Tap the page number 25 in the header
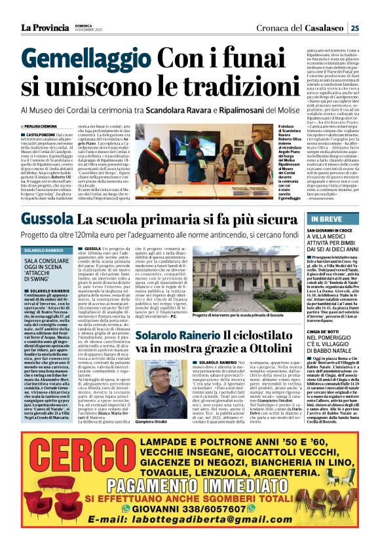[x=372, y=27]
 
